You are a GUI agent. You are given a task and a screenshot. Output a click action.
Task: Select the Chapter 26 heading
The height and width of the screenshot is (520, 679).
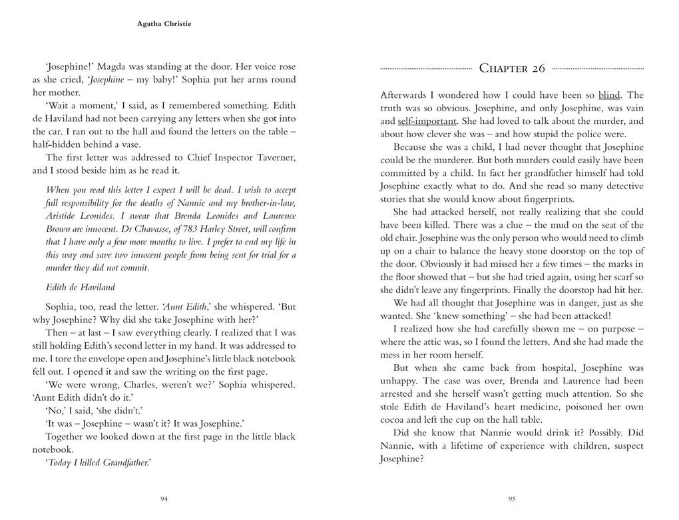(512, 69)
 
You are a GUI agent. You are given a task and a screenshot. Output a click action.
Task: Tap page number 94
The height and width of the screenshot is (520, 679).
(164, 499)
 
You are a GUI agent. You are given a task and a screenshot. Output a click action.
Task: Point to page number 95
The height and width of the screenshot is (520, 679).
(512, 499)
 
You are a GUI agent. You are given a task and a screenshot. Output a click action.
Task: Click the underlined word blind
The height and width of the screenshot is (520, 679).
(608, 95)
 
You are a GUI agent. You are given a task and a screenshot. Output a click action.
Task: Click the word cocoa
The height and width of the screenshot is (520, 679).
(393, 419)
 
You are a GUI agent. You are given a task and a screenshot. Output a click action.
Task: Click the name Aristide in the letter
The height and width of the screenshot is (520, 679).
(62, 216)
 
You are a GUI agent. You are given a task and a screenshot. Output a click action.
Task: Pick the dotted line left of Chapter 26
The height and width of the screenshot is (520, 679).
(426, 69)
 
